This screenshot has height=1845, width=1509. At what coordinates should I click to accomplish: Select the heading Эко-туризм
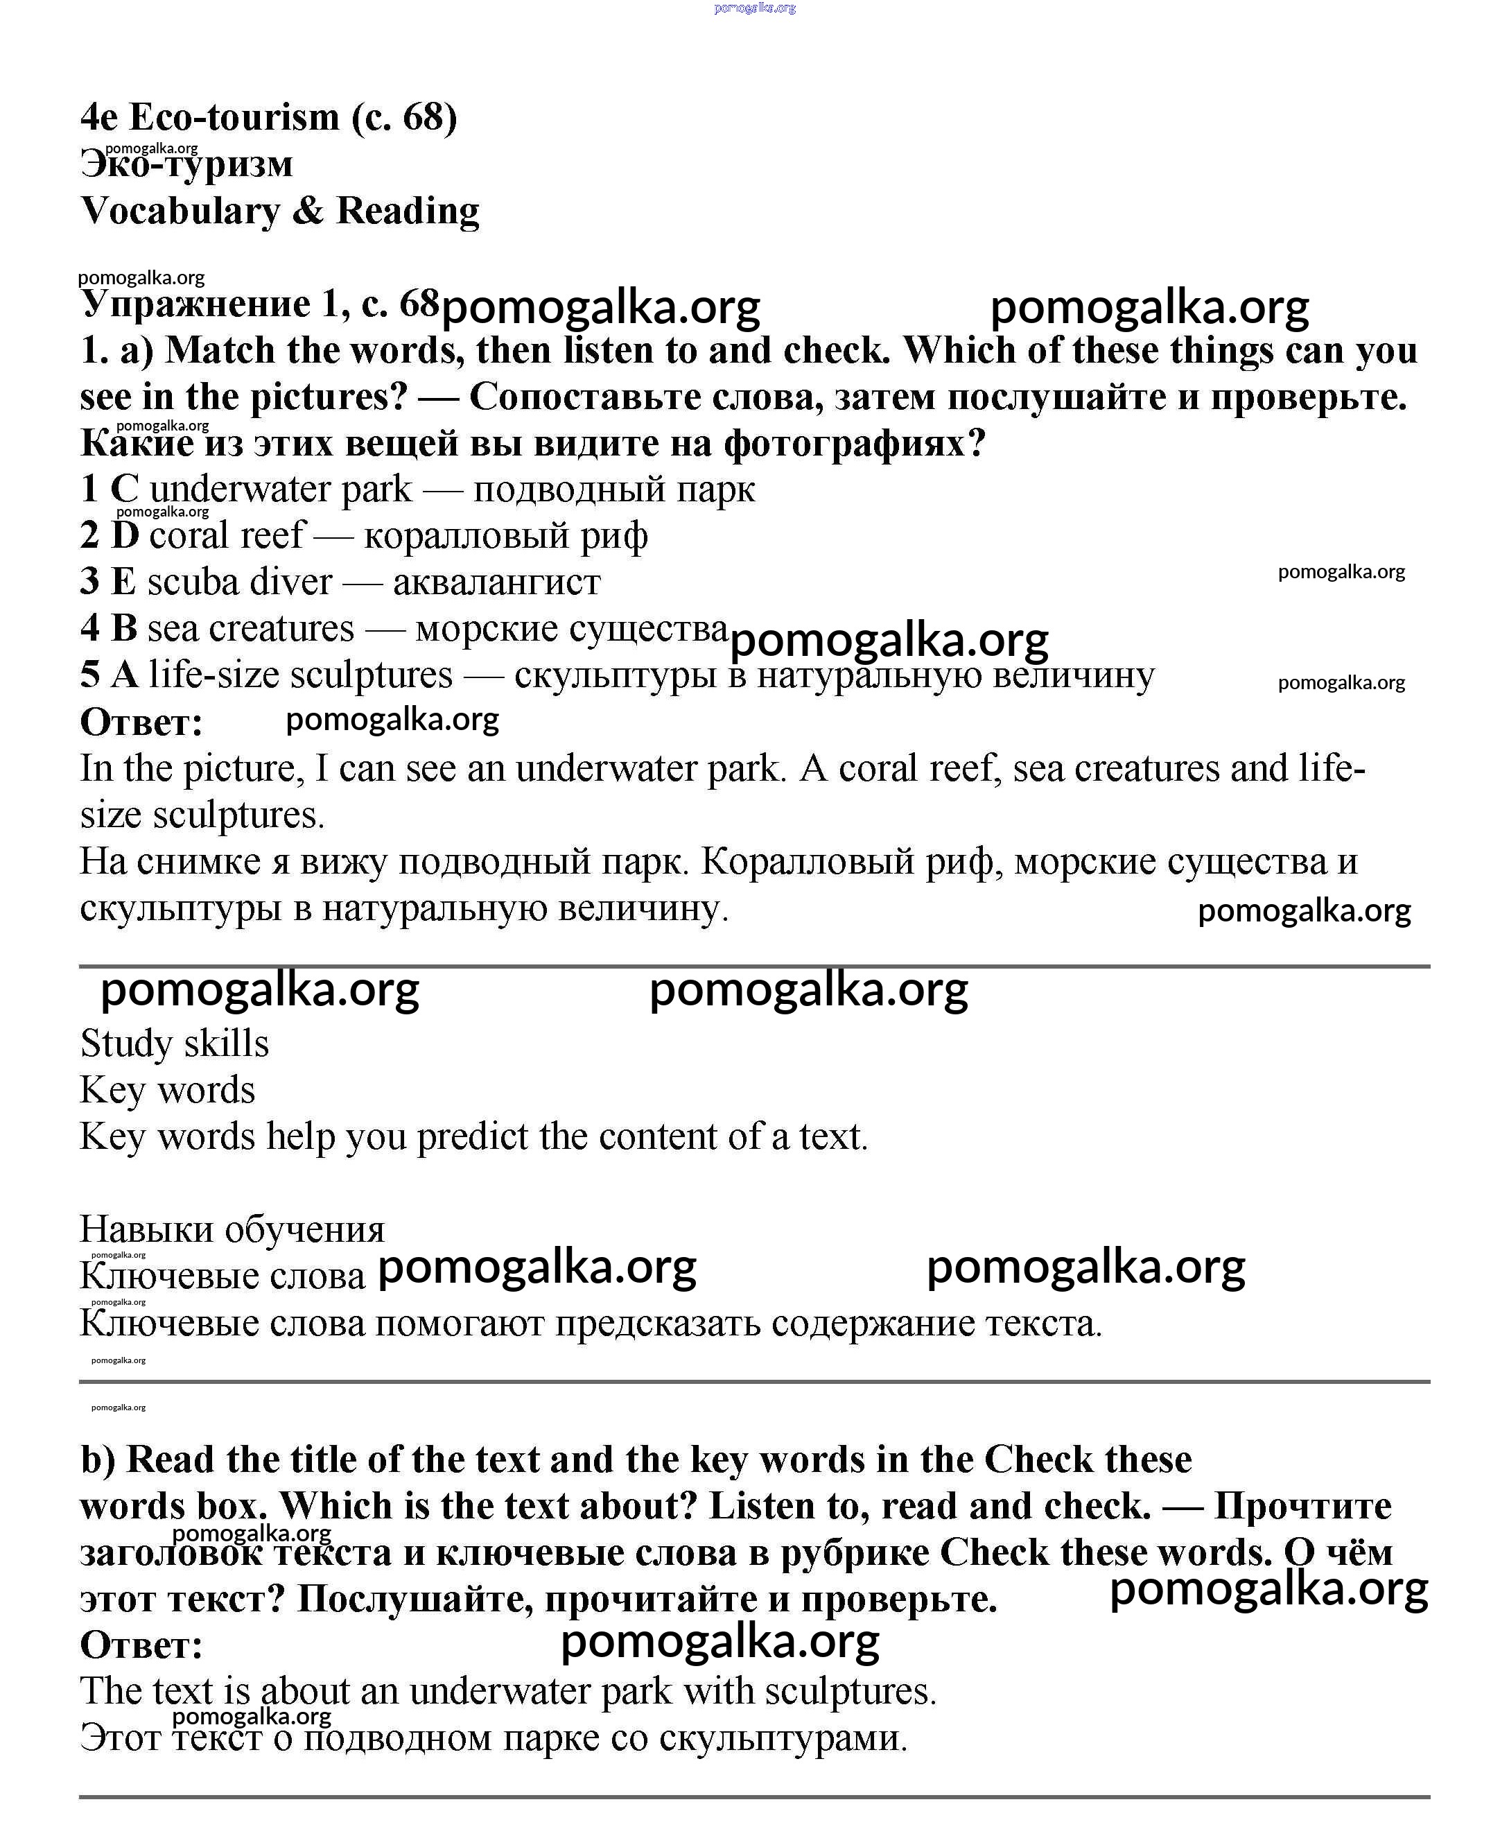[x=187, y=164]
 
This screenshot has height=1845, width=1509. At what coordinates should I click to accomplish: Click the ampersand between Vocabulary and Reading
[x=308, y=211]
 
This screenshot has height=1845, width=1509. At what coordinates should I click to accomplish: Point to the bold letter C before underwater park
[x=124, y=489]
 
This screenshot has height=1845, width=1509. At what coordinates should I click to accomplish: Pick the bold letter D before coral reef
[x=125, y=535]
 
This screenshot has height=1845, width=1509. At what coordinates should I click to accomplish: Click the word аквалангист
[x=496, y=582]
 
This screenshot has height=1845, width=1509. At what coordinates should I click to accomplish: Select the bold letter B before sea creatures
[x=124, y=627]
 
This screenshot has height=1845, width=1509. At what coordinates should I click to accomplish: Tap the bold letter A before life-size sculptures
[x=124, y=675]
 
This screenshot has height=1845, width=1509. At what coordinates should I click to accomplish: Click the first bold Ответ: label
[x=141, y=722]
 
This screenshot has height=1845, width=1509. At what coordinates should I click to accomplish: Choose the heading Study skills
[x=175, y=1043]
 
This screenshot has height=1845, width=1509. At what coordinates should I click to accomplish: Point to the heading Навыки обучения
[x=232, y=1229]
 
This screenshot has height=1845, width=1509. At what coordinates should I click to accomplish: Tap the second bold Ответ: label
[x=141, y=1645]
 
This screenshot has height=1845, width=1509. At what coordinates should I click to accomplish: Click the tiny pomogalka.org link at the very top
[x=754, y=8]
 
